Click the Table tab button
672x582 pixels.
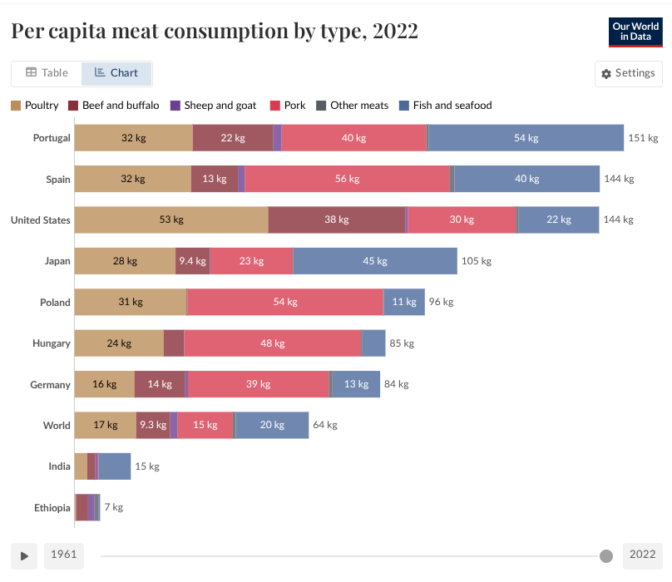pos(47,73)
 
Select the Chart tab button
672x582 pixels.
pos(116,73)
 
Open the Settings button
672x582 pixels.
pos(628,73)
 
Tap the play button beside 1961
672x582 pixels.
pos(24,555)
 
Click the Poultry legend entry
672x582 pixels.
pos(35,106)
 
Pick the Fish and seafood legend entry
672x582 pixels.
pos(446,106)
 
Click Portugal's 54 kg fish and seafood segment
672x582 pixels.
pos(526,138)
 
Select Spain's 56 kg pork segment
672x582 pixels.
pos(347,179)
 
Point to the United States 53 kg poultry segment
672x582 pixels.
pos(171,219)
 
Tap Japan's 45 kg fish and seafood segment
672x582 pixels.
pos(375,261)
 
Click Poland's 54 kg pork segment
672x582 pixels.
pos(284,302)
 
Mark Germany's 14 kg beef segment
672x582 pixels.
pos(160,384)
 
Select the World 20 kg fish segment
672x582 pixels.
pos(272,425)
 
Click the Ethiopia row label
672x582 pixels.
pos(52,507)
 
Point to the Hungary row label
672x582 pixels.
pos(52,343)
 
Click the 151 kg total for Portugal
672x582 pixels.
pos(643,138)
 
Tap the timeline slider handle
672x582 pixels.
pos(606,555)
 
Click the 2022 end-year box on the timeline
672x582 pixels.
pos(642,555)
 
